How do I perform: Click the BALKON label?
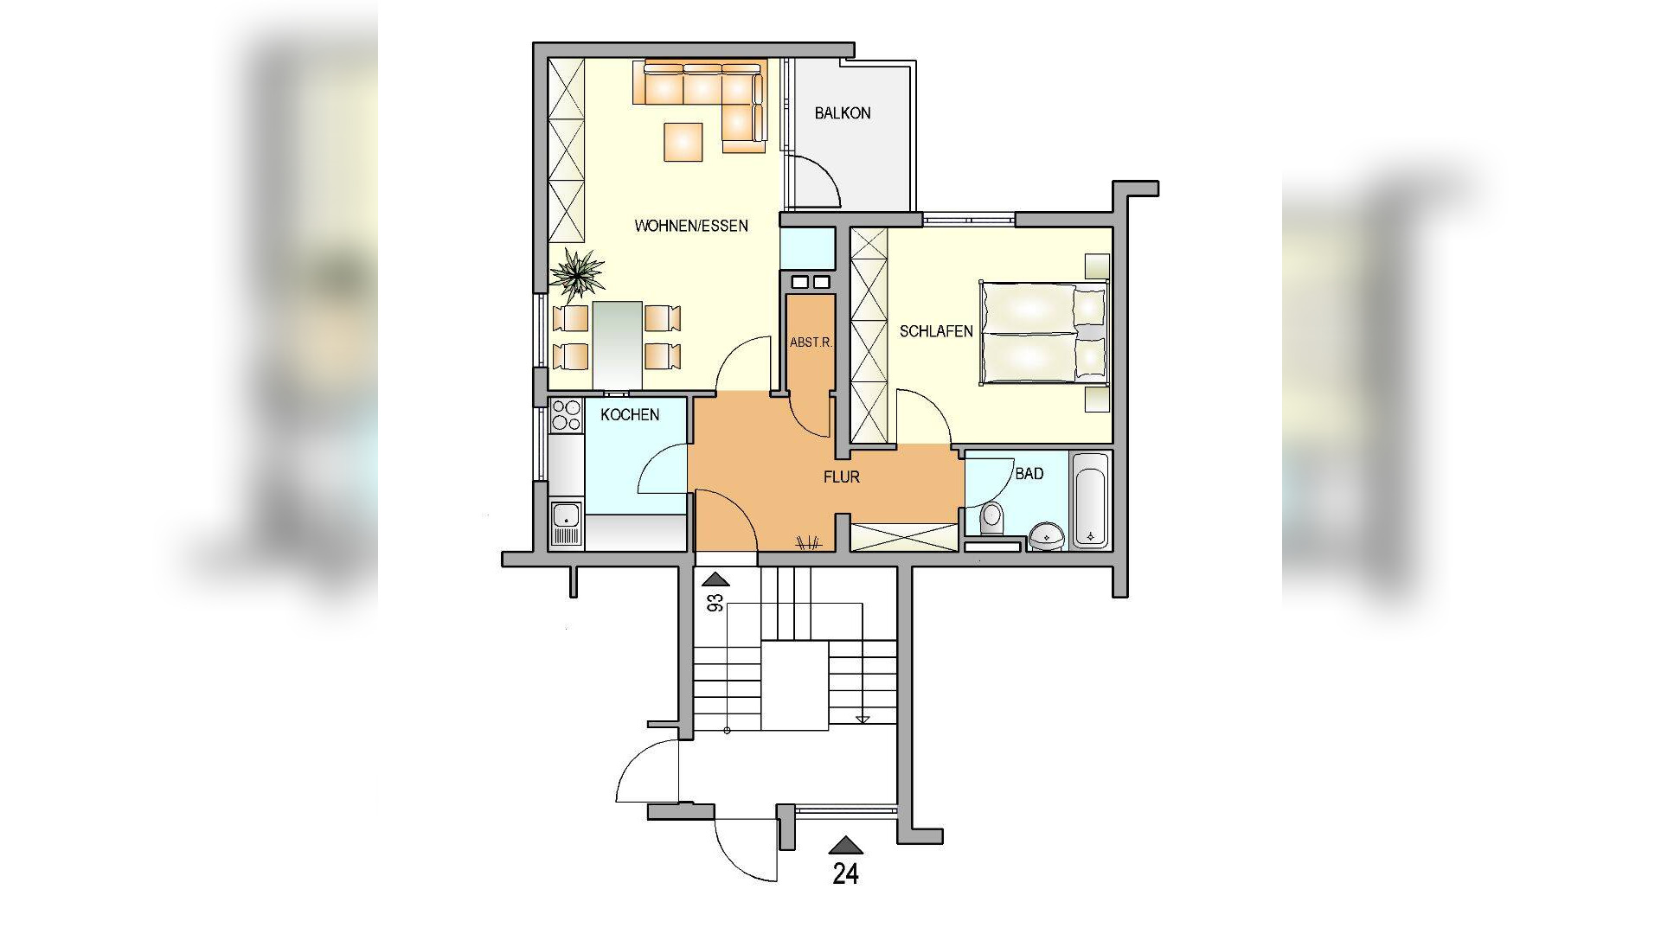843,113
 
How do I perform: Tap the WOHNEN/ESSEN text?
691,226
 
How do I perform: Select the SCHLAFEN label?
936,331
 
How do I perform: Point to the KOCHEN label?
630,415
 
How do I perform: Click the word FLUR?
842,477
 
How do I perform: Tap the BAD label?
1029,474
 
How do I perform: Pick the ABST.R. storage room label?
811,342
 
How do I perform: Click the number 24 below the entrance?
845,874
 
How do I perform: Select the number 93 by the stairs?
716,603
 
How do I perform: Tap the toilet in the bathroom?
991,519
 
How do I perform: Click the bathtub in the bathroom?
1090,501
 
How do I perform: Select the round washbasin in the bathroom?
1048,536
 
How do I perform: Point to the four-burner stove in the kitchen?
567,414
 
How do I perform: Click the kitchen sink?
567,523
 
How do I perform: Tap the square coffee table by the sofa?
683,142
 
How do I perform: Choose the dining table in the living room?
618,345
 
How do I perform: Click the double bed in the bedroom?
1044,332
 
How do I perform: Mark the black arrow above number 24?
845,846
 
